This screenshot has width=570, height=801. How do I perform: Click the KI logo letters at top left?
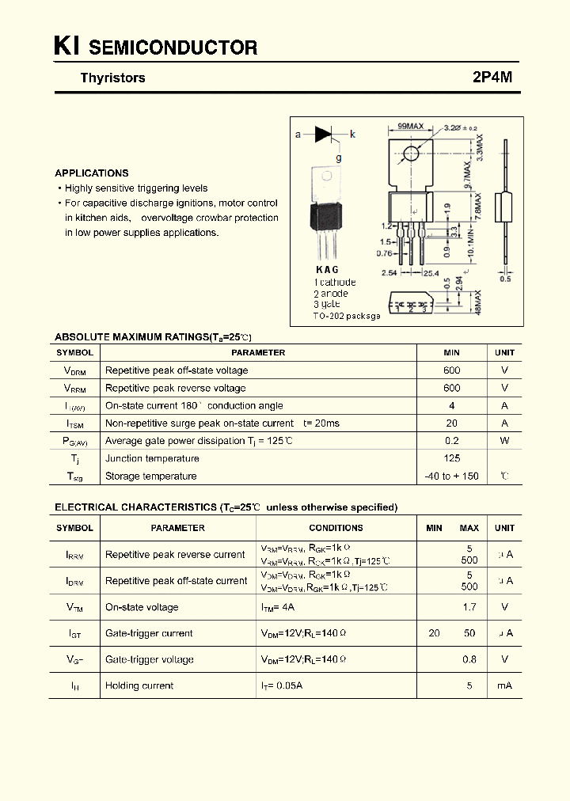click(x=66, y=47)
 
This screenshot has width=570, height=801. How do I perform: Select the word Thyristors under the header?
click(x=112, y=78)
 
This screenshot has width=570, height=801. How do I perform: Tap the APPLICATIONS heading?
click(x=92, y=173)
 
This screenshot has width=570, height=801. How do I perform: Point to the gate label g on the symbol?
click(x=339, y=158)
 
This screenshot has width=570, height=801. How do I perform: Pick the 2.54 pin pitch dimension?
click(x=389, y=273)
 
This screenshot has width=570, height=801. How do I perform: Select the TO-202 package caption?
click(x=347, y=316)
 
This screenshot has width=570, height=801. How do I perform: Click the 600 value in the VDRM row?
click(x=451, y=370)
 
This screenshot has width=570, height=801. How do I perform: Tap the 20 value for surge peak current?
click(x=451, y=423)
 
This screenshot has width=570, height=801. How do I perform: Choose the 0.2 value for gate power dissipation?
click(x=451, y=441)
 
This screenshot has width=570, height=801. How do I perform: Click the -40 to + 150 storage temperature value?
click(x=451, y=476)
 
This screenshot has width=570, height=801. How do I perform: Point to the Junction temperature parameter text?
click(x=152, y=458)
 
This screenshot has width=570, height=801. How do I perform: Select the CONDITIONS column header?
click(x=336, y=528)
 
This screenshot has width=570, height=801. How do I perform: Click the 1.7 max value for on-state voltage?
click(x=469, y=607)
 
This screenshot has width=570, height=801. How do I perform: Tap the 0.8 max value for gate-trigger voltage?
click(x=469, y=659)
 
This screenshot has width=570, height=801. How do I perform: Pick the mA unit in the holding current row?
click(x=504, y=685)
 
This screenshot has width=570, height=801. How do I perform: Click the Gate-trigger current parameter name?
click(x=149, y=633)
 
